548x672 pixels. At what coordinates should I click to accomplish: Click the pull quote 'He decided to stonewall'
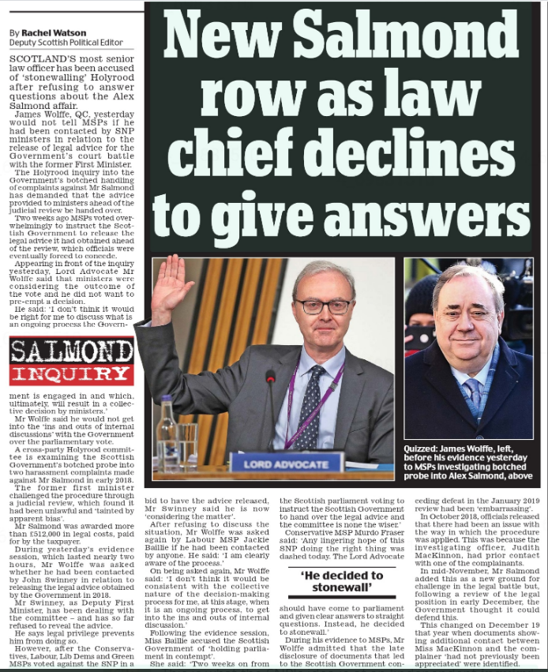pos(343,580)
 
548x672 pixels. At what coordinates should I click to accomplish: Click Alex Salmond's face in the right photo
pos(467,311)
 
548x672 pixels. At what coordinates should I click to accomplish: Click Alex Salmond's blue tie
pos(471,388)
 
